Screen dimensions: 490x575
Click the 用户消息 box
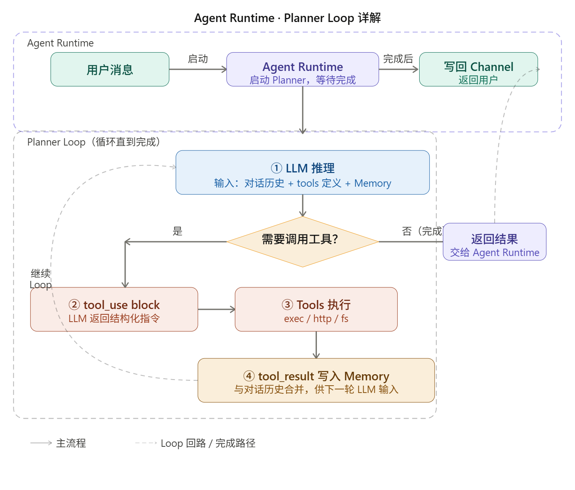pyautogui.click(x=110, y=69)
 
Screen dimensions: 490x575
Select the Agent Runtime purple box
pyautogui.click(x=303, y=69)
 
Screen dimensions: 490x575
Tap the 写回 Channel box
pyautogui.click(x=478, y=69)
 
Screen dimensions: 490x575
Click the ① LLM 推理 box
pyautogui.click(x=303, y=172)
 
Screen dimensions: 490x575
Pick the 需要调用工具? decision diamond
pyautogui.click(x=303, y=242)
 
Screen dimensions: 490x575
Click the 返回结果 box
pyautogui.click(x=494, y=242)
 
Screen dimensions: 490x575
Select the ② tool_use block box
pyautogui.click(x=114, y=309)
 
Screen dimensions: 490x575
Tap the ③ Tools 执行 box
pyautogui.click(x=316, y=309)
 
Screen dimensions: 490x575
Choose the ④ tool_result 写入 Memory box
pyautogui.click(x=316, y=380)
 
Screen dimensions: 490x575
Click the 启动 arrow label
pyautogui.click(x=198, y=59)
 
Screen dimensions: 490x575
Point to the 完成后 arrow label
pyautogui.click(x=398, y=59)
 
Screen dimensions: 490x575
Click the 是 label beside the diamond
pyautogui.click(x=177, y=231)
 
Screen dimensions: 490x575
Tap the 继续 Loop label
pyautogui.click(x=41, y=279)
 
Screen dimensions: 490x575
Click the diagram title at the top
pyautogui.click(x=287, y=18)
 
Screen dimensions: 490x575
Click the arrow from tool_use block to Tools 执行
pyautogui.click(x=216, y=309)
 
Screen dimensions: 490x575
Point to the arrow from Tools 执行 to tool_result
pyautogui.click(x=316, y=345)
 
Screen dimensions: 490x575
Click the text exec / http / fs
pyautogui.click(x=316, y=319)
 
